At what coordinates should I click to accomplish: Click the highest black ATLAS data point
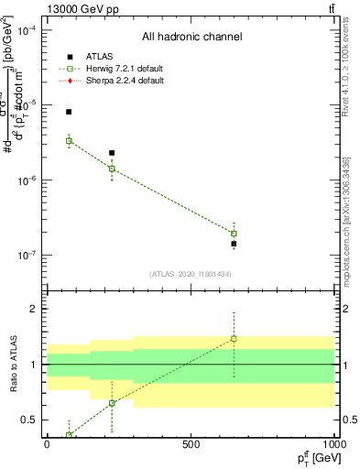[x=69, y=112]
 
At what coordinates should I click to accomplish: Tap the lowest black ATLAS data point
[x=234, y=245]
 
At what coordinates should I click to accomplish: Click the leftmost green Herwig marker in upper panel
[x=69, y=141]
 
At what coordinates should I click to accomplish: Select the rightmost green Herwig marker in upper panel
[x=234, y=234]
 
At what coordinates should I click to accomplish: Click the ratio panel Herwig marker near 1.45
[x=234, y=339]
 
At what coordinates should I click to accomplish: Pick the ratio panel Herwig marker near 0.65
[x=112, y=403]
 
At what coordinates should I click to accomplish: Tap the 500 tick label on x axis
[x=191, y=443]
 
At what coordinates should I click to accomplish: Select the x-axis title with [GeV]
[x=314, y=457]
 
